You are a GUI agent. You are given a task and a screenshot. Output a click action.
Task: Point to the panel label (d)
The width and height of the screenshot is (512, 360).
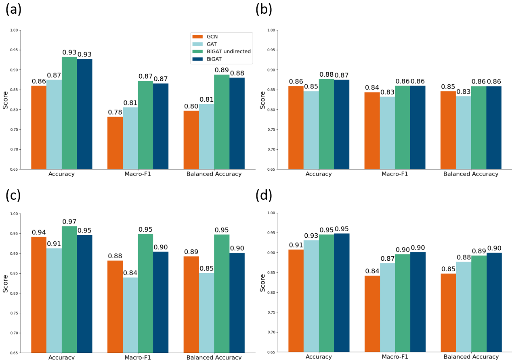click(x=264, y=195)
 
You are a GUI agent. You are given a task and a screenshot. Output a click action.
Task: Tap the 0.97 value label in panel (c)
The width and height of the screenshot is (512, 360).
click(x=69, y=222)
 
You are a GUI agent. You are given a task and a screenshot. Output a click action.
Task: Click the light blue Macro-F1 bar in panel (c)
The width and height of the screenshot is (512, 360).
click(x=130, y=315)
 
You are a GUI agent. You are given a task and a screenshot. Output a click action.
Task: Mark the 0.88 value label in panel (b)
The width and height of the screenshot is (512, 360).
click(x=326, y=75)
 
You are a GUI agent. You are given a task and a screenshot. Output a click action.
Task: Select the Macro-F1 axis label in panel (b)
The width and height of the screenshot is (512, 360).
click(x=394, y=174)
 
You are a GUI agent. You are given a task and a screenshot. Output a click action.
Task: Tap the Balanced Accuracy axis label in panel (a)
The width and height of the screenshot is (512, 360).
click(x=214, y=174)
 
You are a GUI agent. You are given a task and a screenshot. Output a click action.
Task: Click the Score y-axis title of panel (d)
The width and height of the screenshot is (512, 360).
click(x=263, y=283)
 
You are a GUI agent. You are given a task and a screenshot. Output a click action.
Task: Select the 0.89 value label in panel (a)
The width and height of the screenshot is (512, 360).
click(x=222, y=70)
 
